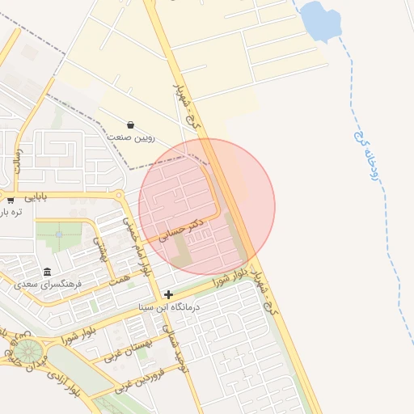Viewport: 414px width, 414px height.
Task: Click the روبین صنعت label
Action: click(x=129, y=138)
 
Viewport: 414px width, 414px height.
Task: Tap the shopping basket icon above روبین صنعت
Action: click(x=130, y=125)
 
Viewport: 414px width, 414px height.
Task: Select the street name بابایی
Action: click(x=36, y=196)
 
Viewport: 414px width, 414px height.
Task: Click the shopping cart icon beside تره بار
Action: click(x=11, y=199)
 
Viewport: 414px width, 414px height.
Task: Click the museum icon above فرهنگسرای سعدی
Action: click(x=47, y=272)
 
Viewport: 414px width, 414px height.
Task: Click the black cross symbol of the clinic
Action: click(x=168, y=294)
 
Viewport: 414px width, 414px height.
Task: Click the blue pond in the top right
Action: click(x=321, y=22)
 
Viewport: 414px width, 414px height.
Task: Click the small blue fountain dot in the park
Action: click(x=59, y=235)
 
